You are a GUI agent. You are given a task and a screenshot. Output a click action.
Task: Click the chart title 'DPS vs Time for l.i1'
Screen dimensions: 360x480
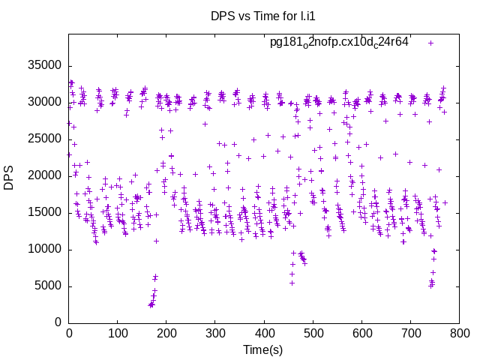pyautogui.click(x=262, y=16)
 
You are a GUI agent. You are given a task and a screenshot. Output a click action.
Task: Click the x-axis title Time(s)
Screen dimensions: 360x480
pyautogui.click(x=262, y=349)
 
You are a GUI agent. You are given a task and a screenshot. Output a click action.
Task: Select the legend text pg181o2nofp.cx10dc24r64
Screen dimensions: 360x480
pyautogui.click(x=339, y=42)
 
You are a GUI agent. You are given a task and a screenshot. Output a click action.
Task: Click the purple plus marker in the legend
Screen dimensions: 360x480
pyautogui.click(x=430, y=43)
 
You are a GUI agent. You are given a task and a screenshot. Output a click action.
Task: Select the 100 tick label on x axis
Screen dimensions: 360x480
pyautogui.click(x=118, y=332)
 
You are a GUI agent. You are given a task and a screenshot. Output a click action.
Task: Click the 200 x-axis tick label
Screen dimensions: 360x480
pyautogui.click(x=166, y=332)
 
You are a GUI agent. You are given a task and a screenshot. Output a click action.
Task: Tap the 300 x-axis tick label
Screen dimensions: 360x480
pyautogui.click(x=215, y=332)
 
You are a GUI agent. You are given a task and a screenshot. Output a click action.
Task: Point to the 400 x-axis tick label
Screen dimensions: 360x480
pyautogui.click(x=264, y=332)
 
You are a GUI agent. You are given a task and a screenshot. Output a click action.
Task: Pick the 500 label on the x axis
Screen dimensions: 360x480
pyautogui.click(x=313, y=332)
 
